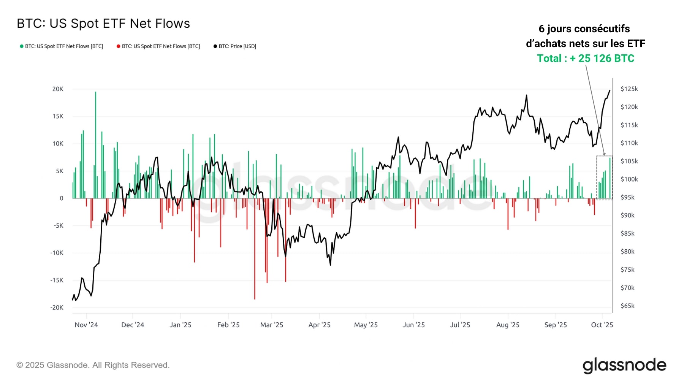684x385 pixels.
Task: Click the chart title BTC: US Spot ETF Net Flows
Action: pyautogui.click(x=103, y=24)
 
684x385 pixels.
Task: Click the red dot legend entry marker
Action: pyautogui.click(x=119, y=46)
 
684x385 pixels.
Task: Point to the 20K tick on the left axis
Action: pyautogui.click(x=58, y=89)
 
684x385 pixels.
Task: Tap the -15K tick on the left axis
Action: pyautogui.click(x=57, y=280)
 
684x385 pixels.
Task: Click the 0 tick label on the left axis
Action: pyautogui.click(x=62, y=198)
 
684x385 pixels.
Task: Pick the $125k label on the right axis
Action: pyautogui.click(x=629, y=89)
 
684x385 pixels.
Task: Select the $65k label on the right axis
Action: pyautogui.click(x=627, y=306)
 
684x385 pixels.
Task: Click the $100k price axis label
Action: pyautogui.click(x=629, y=179)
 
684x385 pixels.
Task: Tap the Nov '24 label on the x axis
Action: pyautogui.click(x=86, y=325)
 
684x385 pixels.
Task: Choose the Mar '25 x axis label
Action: pyautogui.click(x=272, y=325)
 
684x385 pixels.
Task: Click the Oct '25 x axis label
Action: pyautogui.click(x=602, y=325)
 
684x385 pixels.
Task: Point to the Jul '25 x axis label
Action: pyautogui.click(x=460, y=325)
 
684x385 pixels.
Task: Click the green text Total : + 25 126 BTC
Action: pyautogui.click(x=585, y=59)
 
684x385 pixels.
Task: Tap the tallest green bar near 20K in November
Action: pyautogui.click(x=95, y=144)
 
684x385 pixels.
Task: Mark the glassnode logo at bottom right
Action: pyautogui.click(x=624, y=365)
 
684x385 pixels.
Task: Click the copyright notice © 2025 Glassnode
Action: pyautogui.click(x=93, y=365)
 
